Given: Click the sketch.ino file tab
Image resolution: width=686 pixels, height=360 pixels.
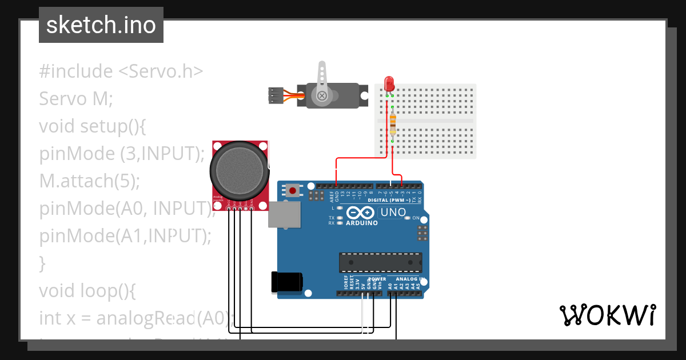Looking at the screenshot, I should (x=101, y=25).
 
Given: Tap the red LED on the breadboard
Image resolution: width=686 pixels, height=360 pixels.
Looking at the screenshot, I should (x=389, y=83).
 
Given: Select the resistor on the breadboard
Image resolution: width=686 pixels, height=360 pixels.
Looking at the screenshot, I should (x=393, y=121).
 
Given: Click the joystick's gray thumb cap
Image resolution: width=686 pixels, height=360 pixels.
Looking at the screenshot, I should (x=240, y=169).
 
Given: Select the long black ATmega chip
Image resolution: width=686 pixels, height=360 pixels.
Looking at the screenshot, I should (x=380, y=262).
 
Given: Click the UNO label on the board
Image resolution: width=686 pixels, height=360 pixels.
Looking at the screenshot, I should (x=393, y=213).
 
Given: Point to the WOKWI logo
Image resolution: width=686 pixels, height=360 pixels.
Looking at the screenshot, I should (x=607, y=315).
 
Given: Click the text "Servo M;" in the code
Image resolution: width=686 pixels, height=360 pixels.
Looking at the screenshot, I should (x=77, y=99).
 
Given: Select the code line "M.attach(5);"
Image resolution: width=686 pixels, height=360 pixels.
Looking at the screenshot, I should (x=90, y=181).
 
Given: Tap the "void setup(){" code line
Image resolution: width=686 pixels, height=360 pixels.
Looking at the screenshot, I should (x=93, y=126).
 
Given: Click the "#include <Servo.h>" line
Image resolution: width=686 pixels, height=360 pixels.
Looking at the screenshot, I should (x=121, y=71).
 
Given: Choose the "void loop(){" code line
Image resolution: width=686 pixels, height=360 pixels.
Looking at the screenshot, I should (x=87, y=291).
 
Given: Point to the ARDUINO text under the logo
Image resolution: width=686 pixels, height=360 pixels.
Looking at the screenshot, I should (x=362, y=223).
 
